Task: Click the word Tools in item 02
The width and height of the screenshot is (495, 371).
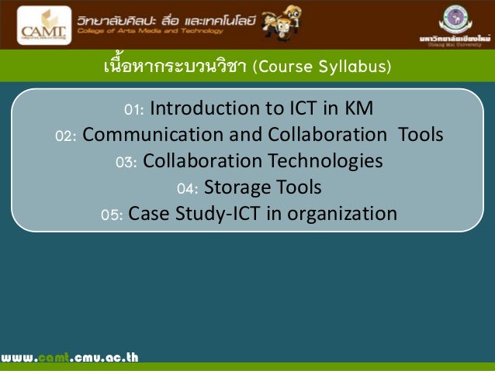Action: [x=421, y=135]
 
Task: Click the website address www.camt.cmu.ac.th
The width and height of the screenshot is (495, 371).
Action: [x=69, y=358]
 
